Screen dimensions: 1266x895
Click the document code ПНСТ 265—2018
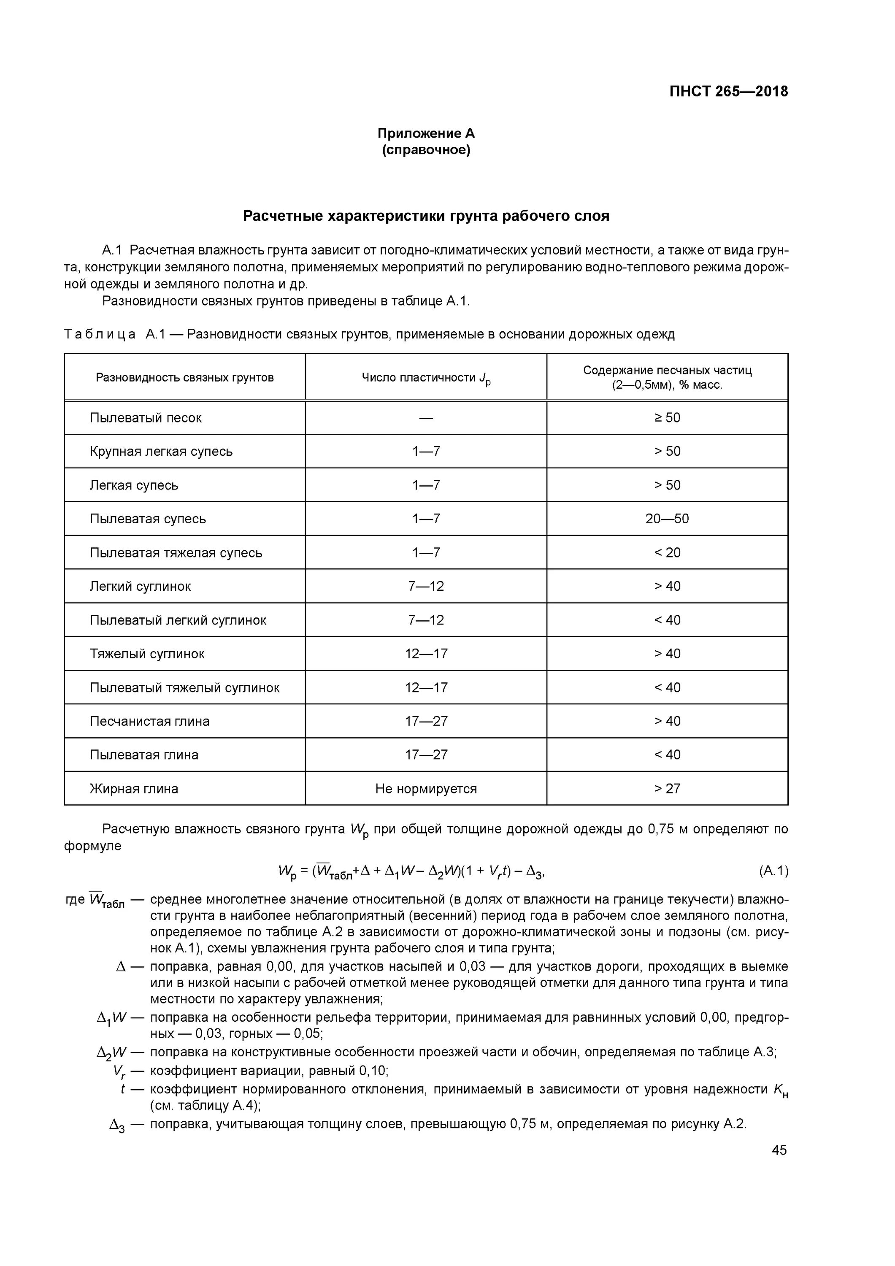pos(728,92)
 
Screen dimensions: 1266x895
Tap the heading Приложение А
pos(426,133)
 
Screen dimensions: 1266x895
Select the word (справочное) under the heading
pos(426,150)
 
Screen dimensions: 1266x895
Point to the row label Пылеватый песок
pos(146,417)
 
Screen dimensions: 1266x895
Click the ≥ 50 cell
pos(667,417)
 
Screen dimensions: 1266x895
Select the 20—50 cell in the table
pos(667,519)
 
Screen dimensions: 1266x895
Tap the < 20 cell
pos(667,552)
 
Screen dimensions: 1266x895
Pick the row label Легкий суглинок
pos(140,586)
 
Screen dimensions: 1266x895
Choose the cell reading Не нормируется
pos(426,788)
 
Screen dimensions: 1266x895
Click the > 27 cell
pos(667,788)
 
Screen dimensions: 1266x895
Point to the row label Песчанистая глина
pos(149,721)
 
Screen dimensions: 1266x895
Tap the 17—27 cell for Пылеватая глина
pos(426,755)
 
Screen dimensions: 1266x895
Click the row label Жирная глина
pos(134,788)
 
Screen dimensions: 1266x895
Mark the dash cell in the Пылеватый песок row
pos(426,418)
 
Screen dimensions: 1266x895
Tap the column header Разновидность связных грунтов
pos(185,378)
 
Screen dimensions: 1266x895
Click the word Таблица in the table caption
pos(100,334)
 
